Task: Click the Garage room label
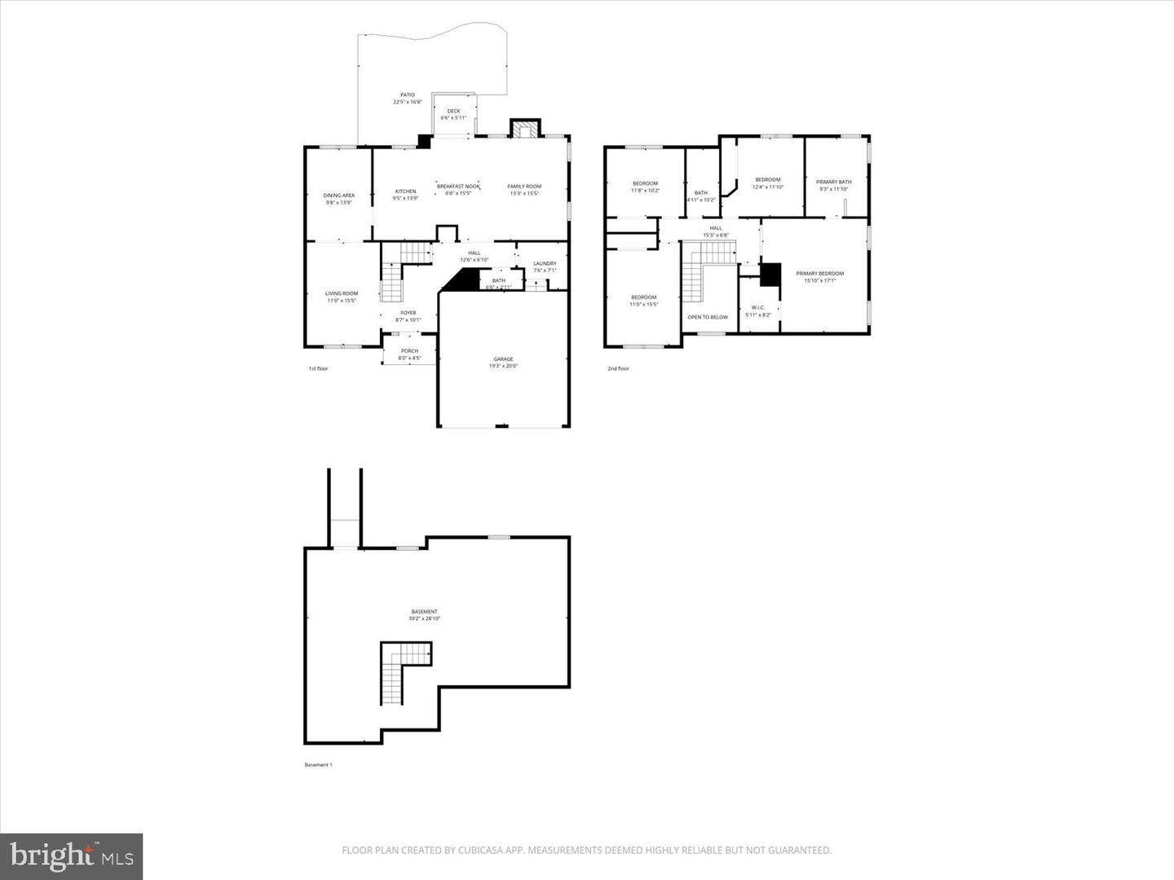point(503,359)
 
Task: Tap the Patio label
point(408,95)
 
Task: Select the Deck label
point(453,112)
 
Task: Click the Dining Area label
point(338,196)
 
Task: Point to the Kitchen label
point(405,191)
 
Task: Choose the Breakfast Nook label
point(458,187)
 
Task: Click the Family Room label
point(524,187)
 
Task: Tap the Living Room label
point(342,293)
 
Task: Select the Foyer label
point(408,313)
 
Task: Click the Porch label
point(409,351)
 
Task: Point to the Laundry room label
point(545,263)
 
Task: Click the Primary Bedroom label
point(819,274)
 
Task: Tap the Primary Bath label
point(833,183)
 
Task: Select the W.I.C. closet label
point(757,308)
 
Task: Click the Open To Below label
point(708,317)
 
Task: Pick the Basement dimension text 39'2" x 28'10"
point(424,618)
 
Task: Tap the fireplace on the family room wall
point(524,129)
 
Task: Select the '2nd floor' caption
point(618,368)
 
